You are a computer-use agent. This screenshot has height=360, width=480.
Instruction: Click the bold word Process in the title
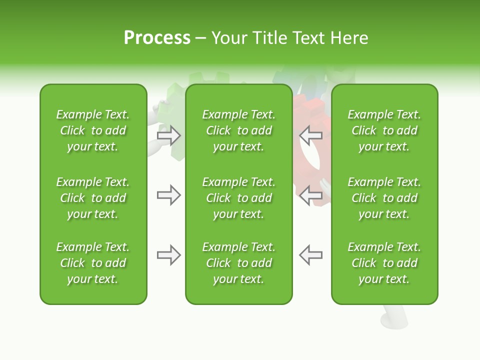click(157, 38)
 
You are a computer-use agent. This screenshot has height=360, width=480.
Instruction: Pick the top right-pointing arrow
click(168, 135)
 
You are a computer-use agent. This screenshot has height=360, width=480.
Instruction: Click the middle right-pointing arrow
click(168, 195)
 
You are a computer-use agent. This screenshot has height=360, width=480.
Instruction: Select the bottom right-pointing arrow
click(168, 255)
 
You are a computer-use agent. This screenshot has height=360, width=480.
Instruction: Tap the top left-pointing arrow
click(311, 135)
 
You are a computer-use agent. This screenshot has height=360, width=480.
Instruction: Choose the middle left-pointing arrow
click(311, 195)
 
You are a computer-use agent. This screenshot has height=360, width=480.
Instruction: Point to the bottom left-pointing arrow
click(311, 255)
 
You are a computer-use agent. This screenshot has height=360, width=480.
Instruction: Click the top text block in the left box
click(93, 130)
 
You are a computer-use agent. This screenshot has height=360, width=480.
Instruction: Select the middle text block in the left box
click(93, 198)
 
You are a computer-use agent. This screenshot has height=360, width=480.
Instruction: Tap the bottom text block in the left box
click(93, 263)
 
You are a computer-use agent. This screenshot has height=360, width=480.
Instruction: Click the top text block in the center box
click(238, 130)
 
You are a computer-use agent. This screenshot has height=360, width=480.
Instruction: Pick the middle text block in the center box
click(238, 198)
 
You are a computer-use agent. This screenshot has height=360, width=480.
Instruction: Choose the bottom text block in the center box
click(238, 263)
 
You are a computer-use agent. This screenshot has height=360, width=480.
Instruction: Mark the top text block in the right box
click(384, 130)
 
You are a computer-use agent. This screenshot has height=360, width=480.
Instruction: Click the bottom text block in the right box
click(384, 263)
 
